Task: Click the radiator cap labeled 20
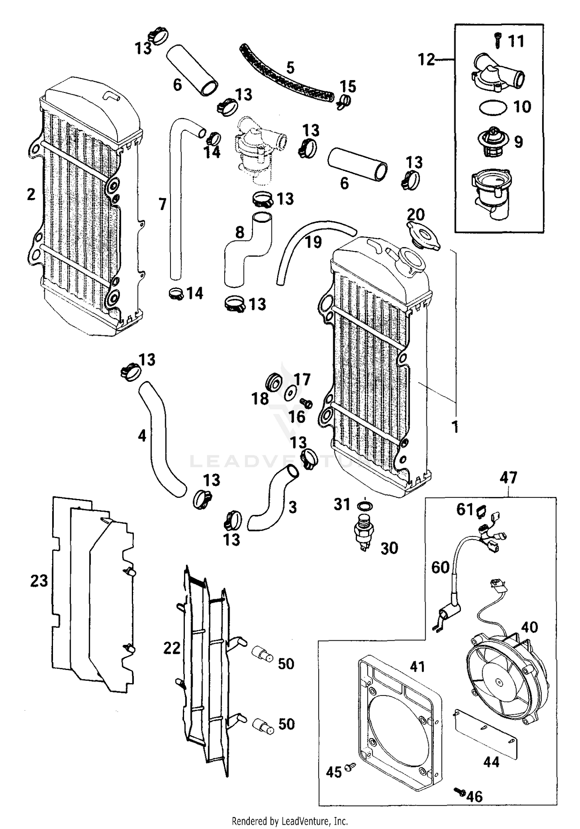click(x=423, y=237)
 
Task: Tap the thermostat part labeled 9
click(x=493, y=142)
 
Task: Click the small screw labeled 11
click(x=498, y=40)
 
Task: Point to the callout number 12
click(x=426, y=60)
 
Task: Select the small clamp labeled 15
click(x=344, y=101)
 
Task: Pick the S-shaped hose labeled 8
click(x=247, y=251)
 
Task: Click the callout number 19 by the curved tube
click(x=313, y=243)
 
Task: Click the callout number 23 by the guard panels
click(x=39, y=581)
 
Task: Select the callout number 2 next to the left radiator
click(x=31, y=195)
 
